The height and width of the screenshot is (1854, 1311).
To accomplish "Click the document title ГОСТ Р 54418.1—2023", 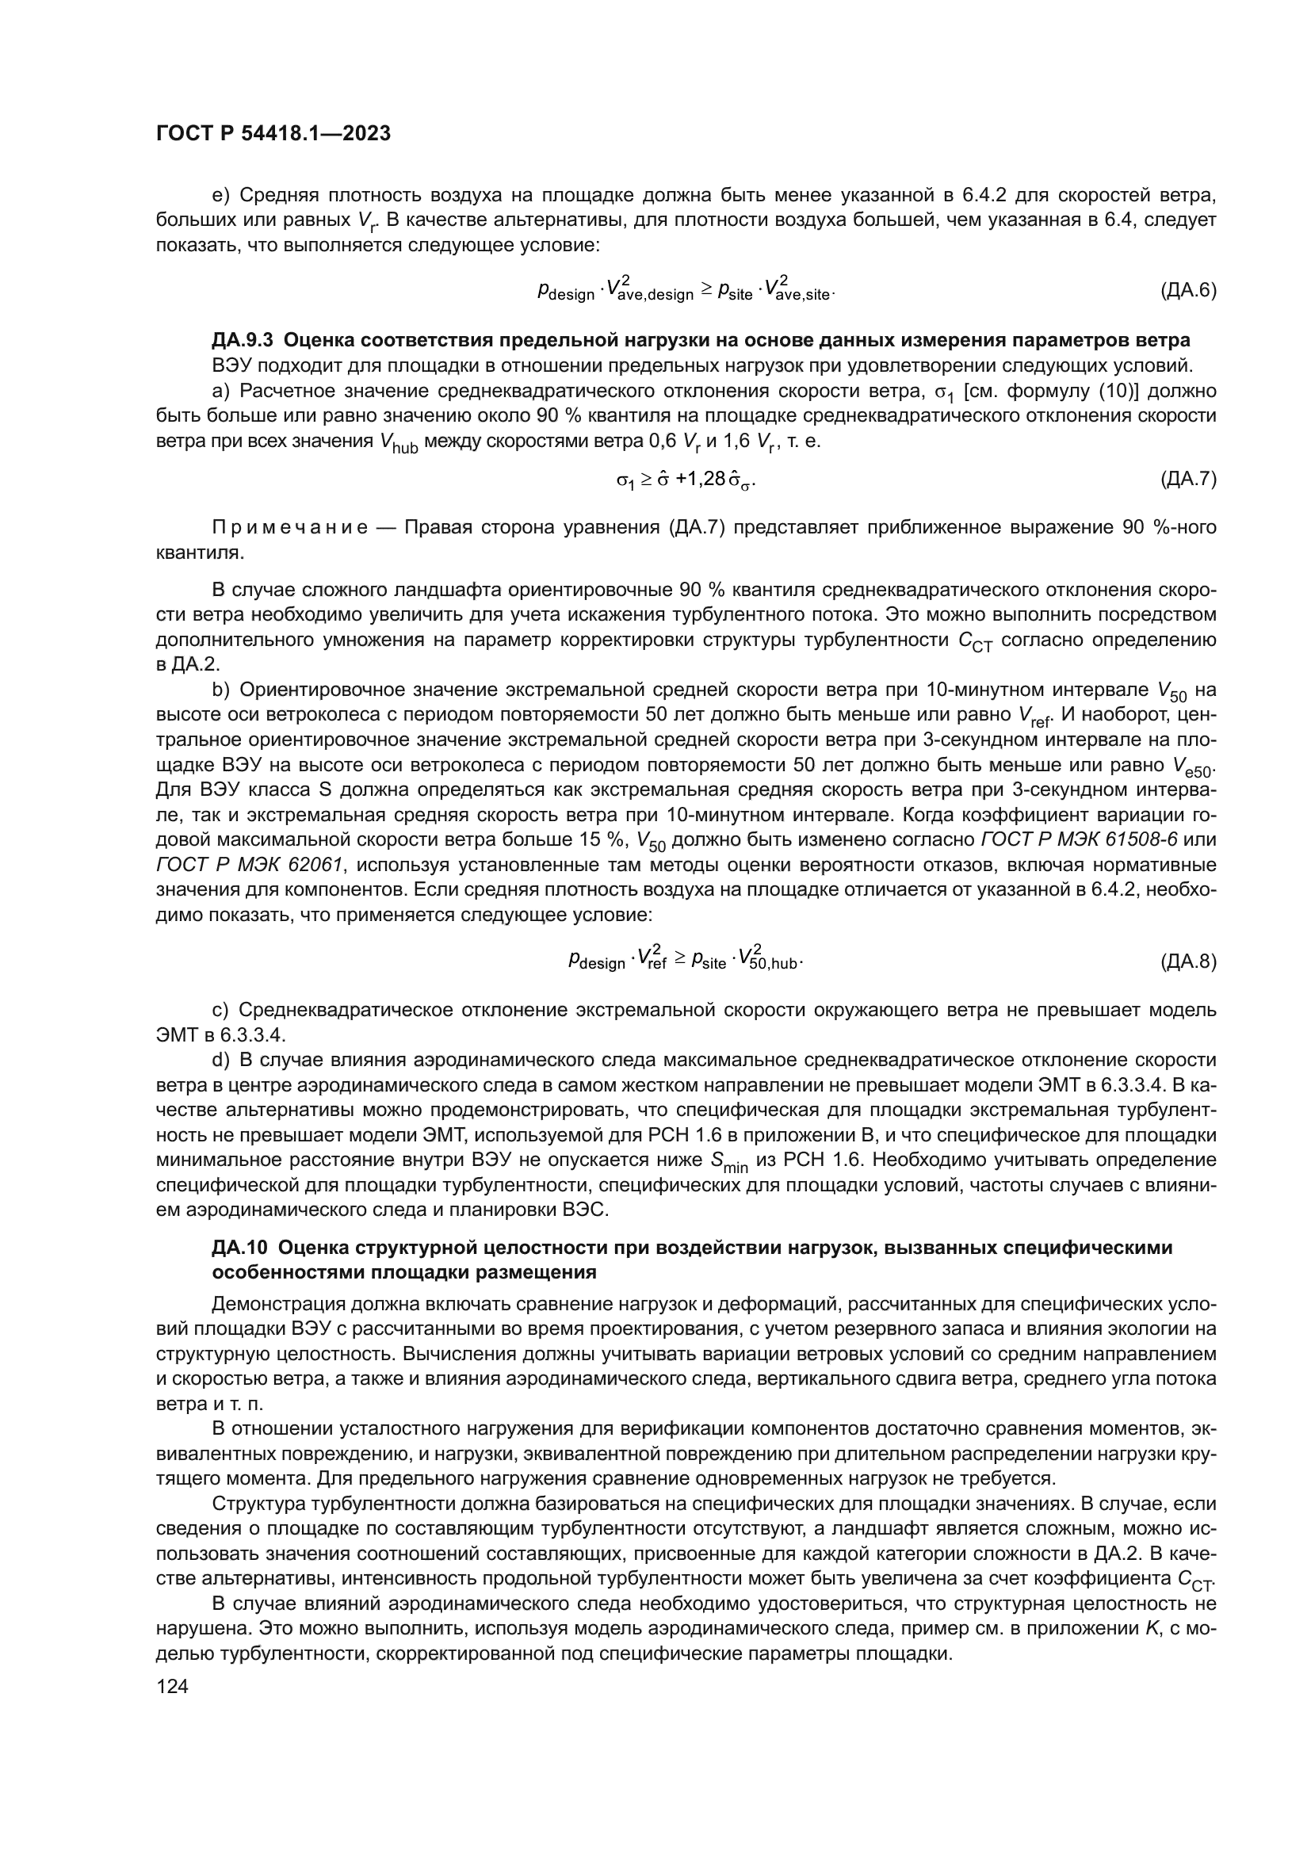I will [x=273, y=134].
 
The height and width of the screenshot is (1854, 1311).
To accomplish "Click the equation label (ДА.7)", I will [x=1187, y=480].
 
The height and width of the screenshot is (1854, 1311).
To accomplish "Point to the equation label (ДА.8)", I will [x=1187, y=961].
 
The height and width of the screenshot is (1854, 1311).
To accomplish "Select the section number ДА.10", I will [x=239, y=1248].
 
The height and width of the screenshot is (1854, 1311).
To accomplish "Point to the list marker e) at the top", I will [x=220, y=196].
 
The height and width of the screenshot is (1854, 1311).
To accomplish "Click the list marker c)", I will [x=220, y=1010].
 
